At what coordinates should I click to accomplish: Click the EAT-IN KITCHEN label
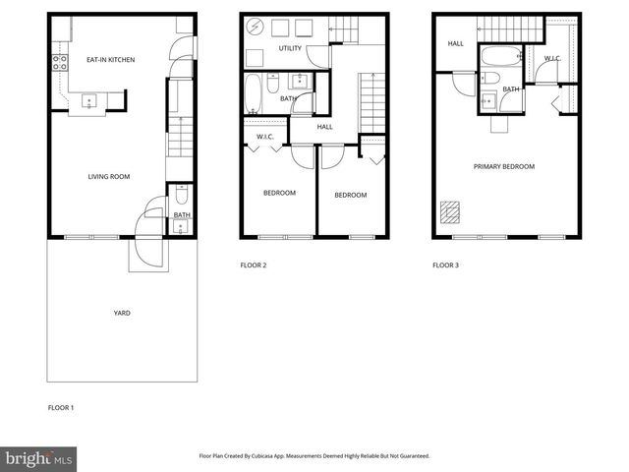click(x=110, y=60)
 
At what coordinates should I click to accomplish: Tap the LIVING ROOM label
click(x=109, y=177)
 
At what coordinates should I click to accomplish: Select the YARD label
click(x=122, y=313)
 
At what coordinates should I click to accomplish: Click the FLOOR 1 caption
click(x=61, y=407)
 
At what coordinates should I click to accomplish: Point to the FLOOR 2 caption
click(x=254, y=265)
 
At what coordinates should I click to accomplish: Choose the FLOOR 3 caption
click(x=445, y=265)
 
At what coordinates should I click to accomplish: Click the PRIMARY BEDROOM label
click(x=504, y=167)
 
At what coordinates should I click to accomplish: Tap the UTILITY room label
click(x=290, y=48)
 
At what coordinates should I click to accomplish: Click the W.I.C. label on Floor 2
click(x=264, y=136)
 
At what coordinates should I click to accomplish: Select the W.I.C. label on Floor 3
click(x=552, y=59)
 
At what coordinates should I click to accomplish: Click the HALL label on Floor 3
click(x=455, y=43)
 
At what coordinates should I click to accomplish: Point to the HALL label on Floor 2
click(x=324, y=126)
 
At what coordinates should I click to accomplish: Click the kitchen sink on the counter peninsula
click(x=88, y=99)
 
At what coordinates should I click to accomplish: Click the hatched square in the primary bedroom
click(x=449, y=211)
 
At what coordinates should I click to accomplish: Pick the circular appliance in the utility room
click(x=252, y=27)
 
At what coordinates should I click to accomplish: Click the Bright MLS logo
click(x=37, y=458)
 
